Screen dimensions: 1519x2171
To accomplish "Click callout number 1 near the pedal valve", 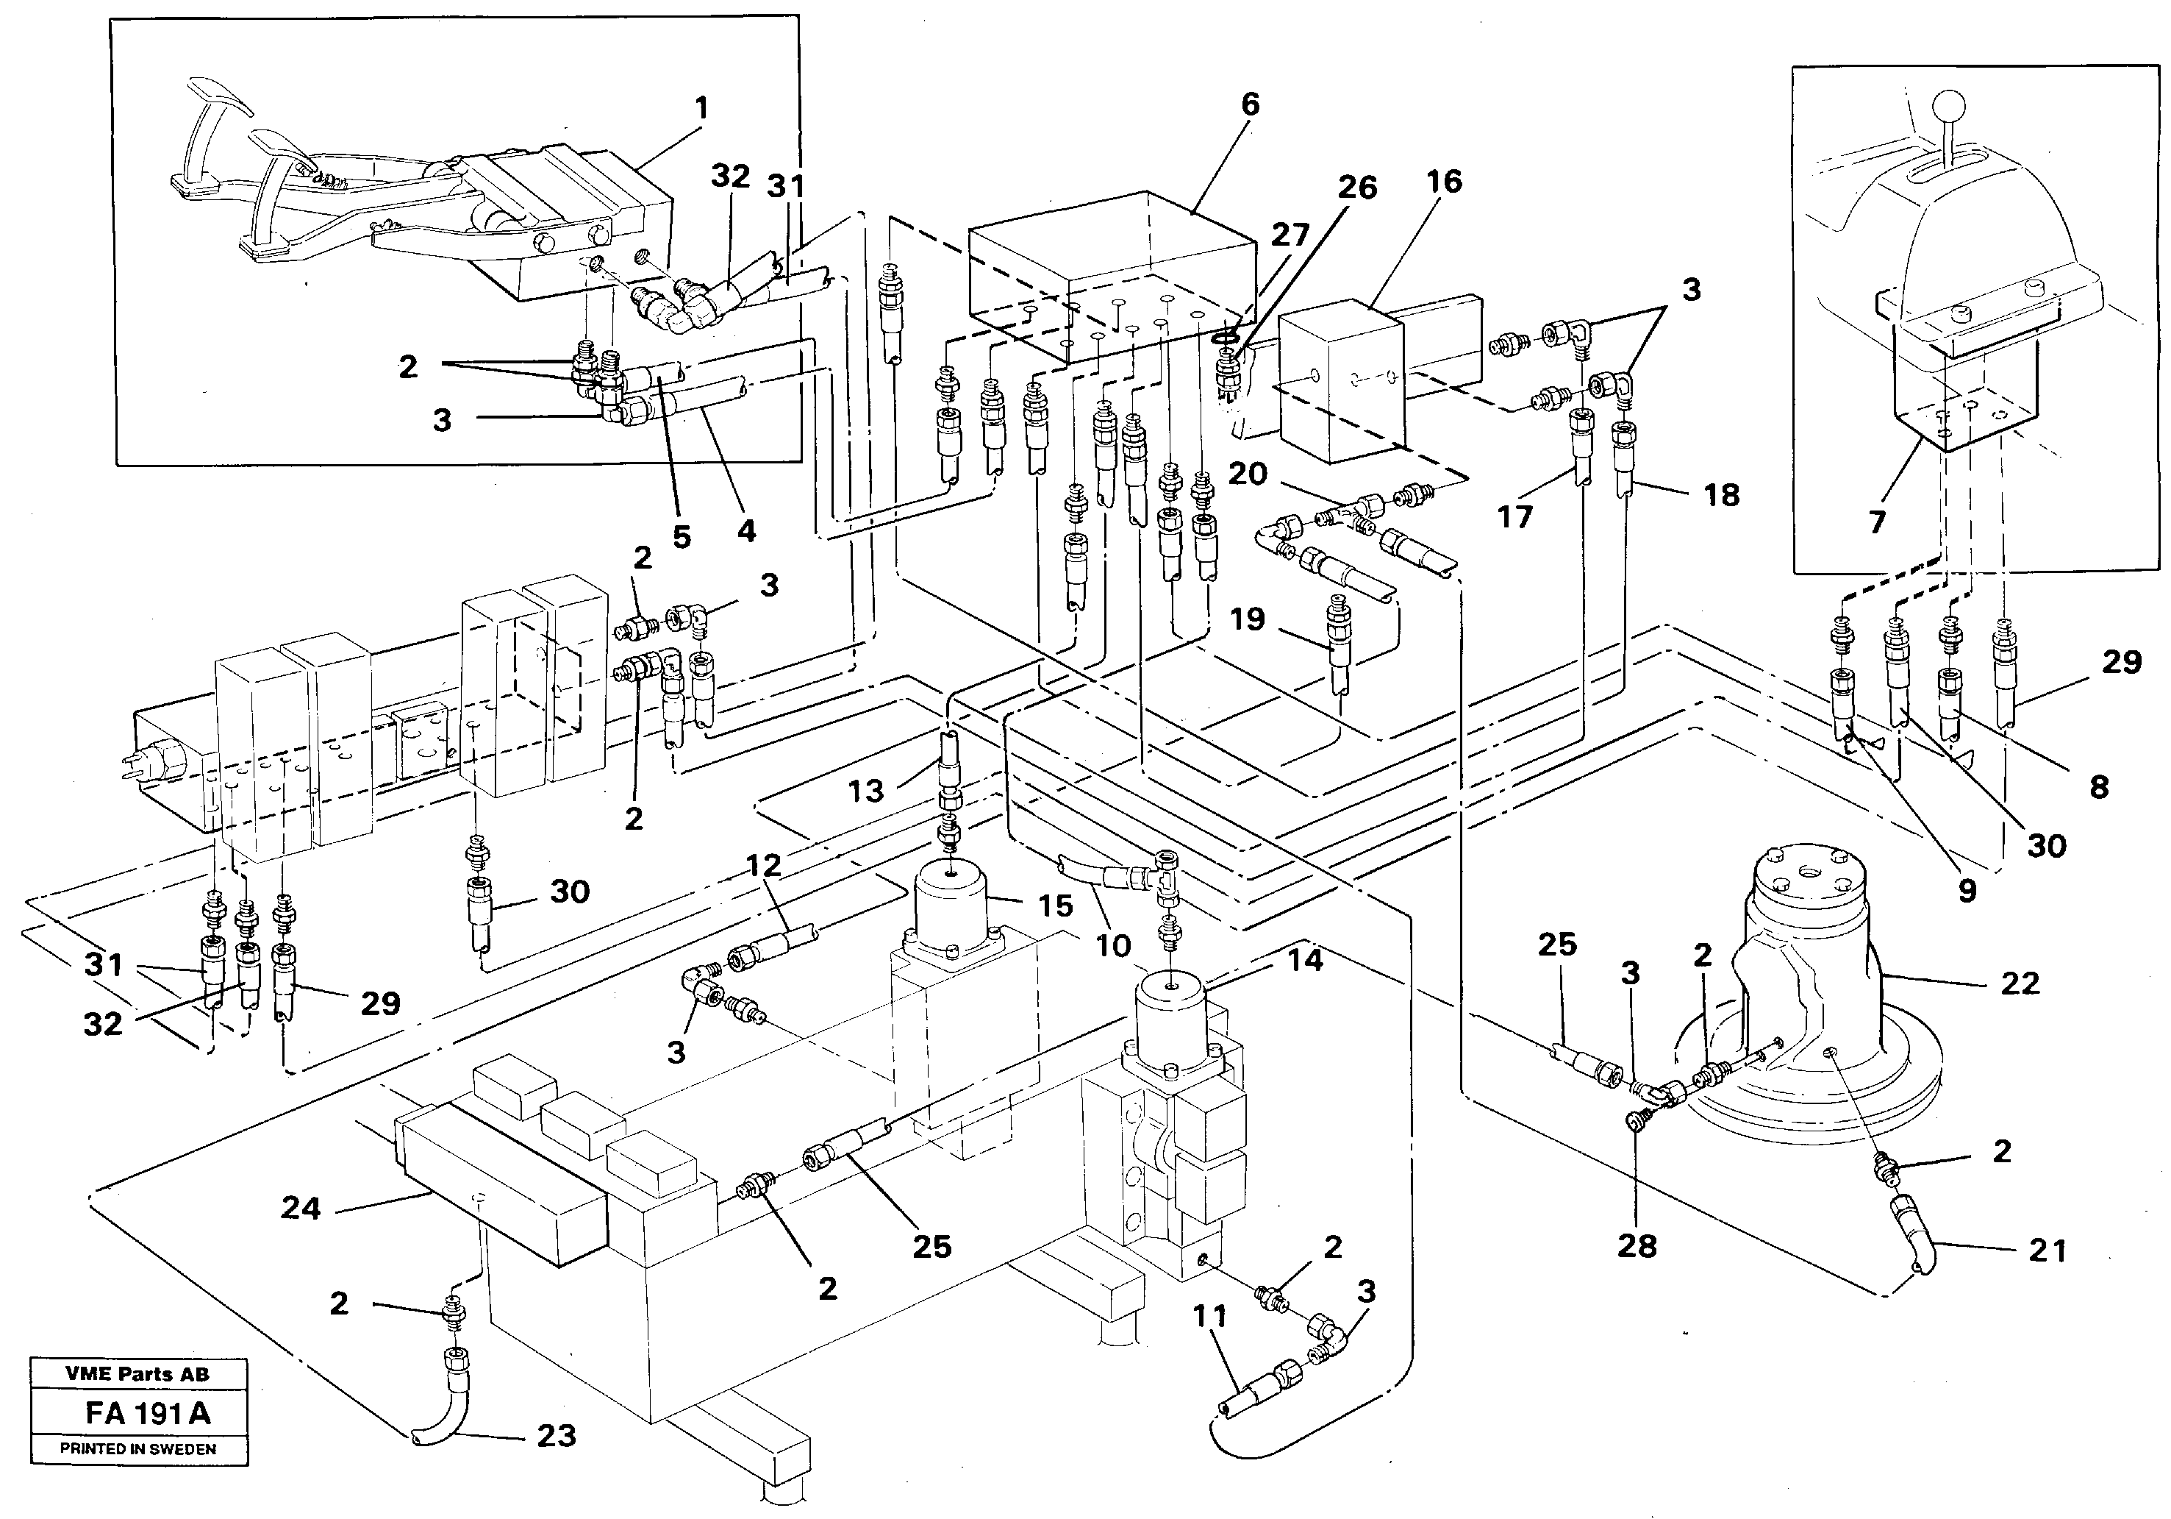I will (x=701, y=109).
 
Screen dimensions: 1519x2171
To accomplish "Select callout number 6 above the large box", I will (x=1250, y=104).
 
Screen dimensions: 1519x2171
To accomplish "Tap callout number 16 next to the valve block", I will (x=1444, y=181).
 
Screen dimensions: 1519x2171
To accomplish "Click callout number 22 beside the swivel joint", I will (x=2020, y=983).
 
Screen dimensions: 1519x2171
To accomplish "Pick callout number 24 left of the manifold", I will (x=301, y=1208).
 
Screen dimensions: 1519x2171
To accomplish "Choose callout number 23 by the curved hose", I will (x=556, y=1436).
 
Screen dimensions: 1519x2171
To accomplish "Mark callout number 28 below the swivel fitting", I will (x=1637, y=1245).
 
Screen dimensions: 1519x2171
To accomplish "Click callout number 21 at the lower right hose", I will (x=2047, y=1251).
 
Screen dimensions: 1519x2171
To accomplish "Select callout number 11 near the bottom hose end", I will (x=1209, y=1316).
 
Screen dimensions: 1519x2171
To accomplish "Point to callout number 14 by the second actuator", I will (x=1305, y=960).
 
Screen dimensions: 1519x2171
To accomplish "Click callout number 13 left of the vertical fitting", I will (x=865, y=791).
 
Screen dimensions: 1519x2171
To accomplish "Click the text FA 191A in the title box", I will (x=148, y=1413).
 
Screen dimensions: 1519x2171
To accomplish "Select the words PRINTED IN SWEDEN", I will (x=138, y=1449).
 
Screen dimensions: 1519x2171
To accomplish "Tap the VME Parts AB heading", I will (x=138, y=1374).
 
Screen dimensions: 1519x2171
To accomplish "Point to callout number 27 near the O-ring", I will (x=1290, y=234).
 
